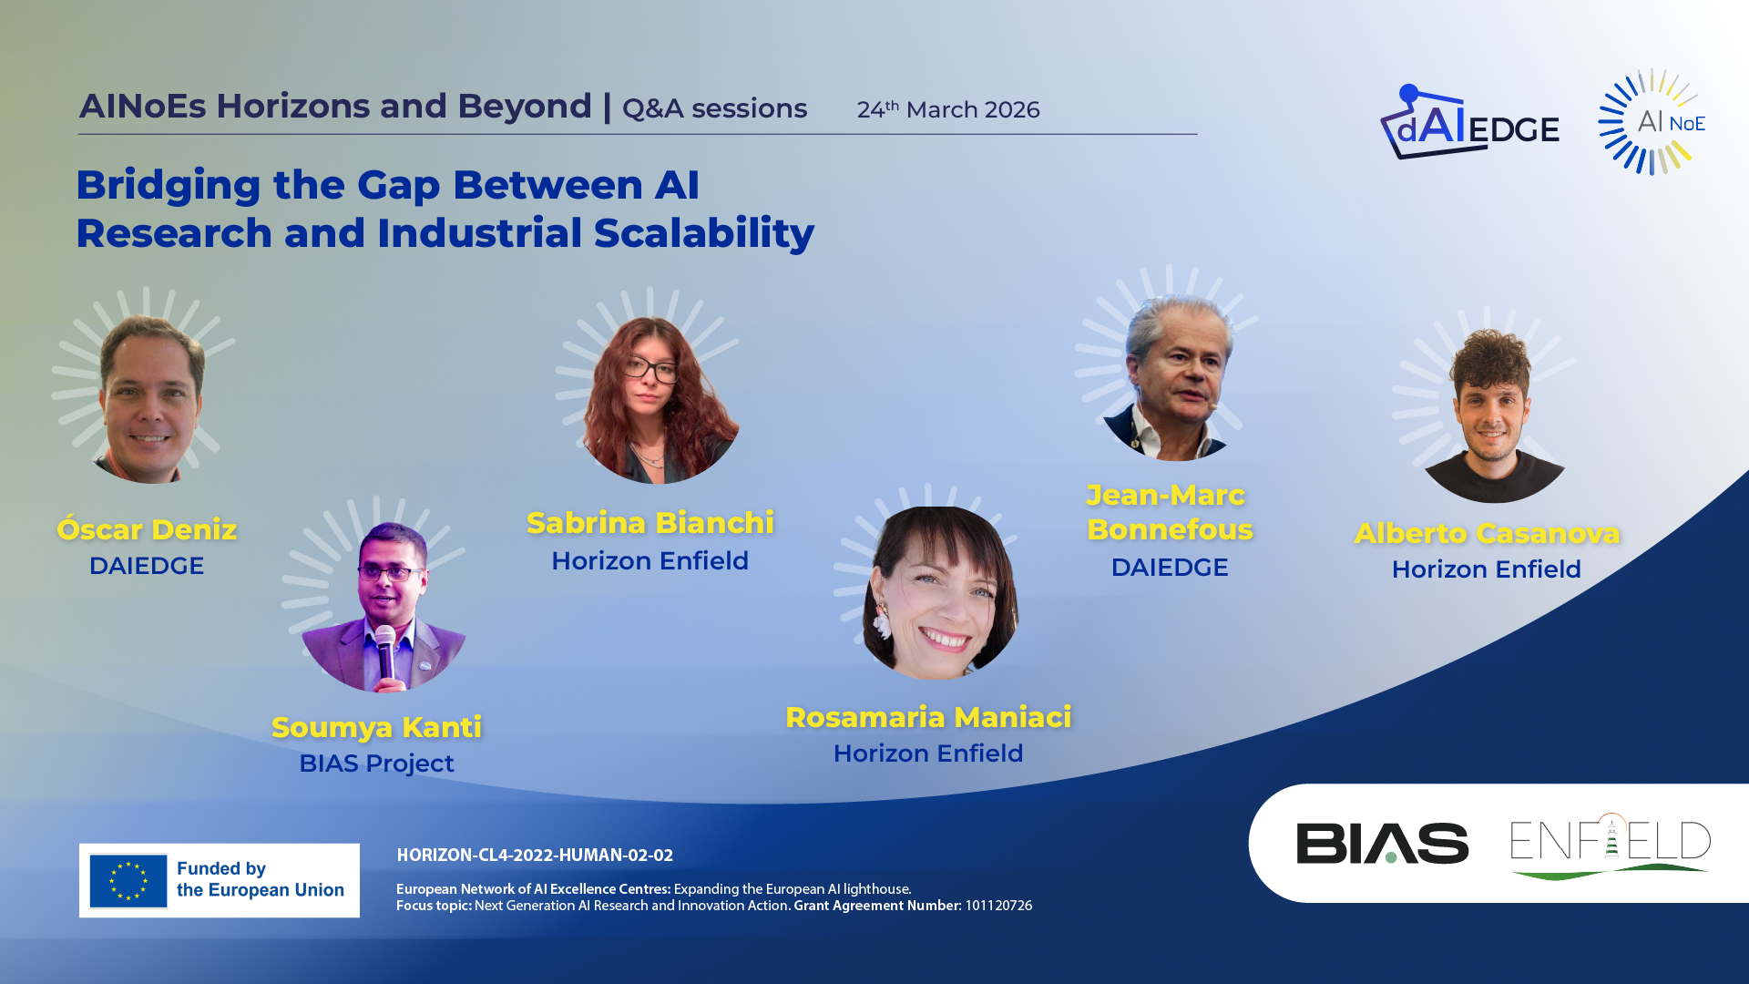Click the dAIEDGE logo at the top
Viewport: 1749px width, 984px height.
tap(1468, 122)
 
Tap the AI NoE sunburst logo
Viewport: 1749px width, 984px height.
tap(1652, 121)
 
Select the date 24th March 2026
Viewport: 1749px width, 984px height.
tap(947, 109)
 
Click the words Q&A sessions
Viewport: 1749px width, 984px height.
tap(714, 108)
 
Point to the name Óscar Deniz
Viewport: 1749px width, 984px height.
tap(147, 529)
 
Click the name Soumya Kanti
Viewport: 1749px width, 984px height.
tap(376, 727)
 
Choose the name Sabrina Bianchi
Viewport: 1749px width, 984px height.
tap(650, 523)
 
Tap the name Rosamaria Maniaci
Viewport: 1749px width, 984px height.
tap(928, 717)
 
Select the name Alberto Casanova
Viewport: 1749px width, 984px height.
tap(1487, 533)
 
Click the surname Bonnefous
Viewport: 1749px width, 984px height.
tap(1170, 529)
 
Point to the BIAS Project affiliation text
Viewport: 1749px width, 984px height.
tap(376, 764)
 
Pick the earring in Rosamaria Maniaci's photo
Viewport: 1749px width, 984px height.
tap(881, 621)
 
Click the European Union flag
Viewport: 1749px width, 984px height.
tap(128, 881)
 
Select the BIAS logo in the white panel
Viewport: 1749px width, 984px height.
tap(1382, 843)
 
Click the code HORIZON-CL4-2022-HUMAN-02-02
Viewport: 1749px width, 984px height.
tap(535, 856)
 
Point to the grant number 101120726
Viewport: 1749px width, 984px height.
tap(998, 906)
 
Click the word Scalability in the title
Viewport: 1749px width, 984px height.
tap(704, 234)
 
